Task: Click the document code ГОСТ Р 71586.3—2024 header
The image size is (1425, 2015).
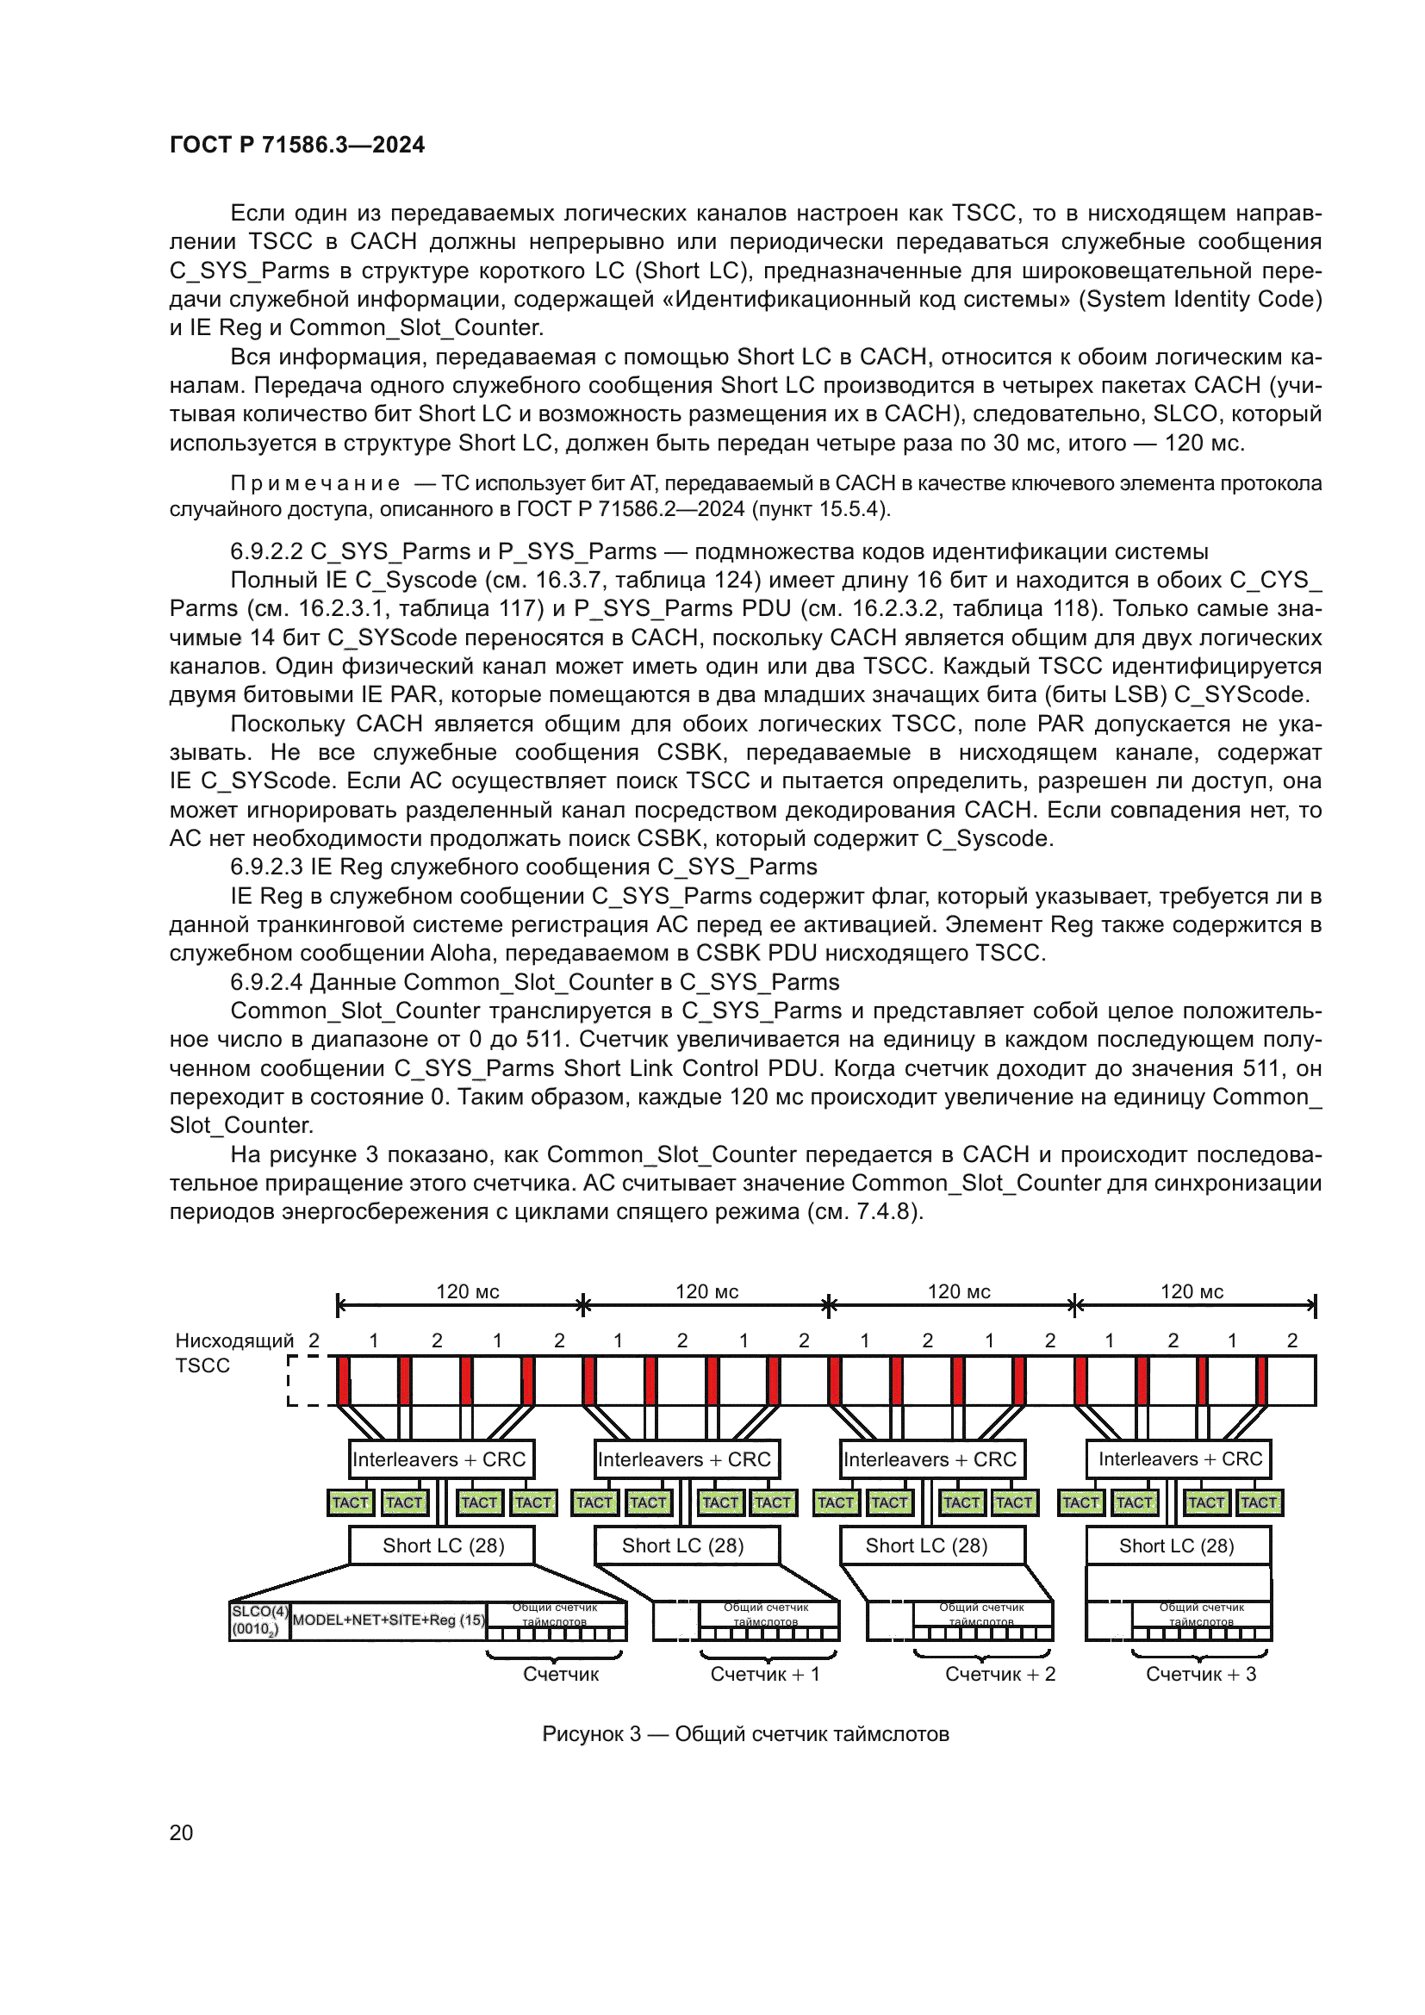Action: pyautogui.click(x=296, y=145)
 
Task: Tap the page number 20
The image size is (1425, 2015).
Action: pyautogui.click(x=181, y=1832)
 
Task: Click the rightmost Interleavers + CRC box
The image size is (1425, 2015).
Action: pyautogui.click(x=1179, y=1458)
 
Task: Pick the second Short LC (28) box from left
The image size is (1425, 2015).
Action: pyautogui.click(x=682, y=1545)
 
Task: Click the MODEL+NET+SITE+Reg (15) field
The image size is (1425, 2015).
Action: pyautogui.click(x=389, y=1620)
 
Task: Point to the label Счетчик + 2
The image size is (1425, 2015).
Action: pyautogui.click(x=999, y=1674)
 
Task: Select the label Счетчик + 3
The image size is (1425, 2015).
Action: pyautogui.click(x=1200, y=1674)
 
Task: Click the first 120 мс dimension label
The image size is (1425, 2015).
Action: pyautogui.click(x=468, y=1292)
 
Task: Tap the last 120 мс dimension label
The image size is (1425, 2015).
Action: pyautogui.click(x=1192, y=1292)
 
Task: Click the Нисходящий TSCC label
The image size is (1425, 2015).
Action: pyautogui.click(x=233, y=1353)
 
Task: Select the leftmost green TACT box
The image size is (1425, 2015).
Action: pyautogui.click(x=350, y=1502)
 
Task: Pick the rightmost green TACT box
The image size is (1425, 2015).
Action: pyautogui.click(x=1258, y=1502)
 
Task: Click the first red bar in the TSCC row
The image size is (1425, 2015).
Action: pyautogui.click(x=343, y=1380)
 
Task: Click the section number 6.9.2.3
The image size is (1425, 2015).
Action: pyautogui.click(x=266, y=868)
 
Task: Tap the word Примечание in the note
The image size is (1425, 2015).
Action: pyautogui.click(x=315, y=483)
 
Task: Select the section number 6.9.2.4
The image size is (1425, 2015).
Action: pyautogui.click(x=266, y=982)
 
